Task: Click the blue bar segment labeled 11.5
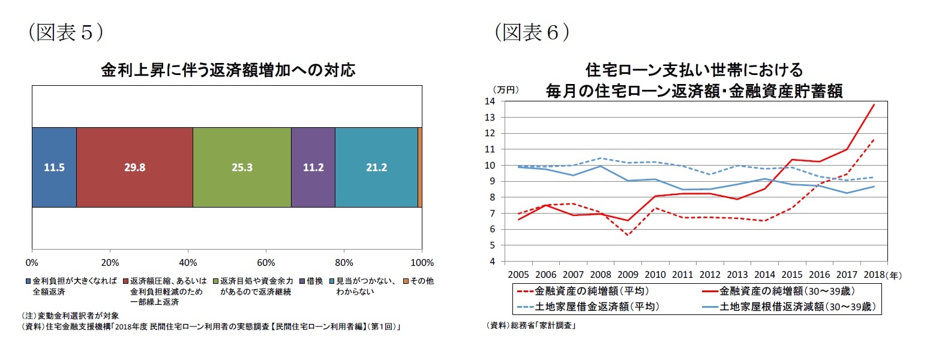(x=54, y=167)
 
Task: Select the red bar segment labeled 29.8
(x=134, y=167)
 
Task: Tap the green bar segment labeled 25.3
(x=242, y=167)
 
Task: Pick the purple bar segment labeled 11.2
(x=313, y=167)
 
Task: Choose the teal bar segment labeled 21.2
(x=376, y=167)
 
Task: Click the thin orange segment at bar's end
(x=420, y=167)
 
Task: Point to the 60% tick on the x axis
(x=266, y=262)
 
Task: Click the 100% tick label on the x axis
(x=422, y=262)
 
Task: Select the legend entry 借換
(x=315, y=281)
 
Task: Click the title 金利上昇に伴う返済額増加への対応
(x=227, y=71)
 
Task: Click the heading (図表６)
(x=532, y=31)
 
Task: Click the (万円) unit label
(x=504, y=89)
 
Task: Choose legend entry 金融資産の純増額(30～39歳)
(x=786, y=292)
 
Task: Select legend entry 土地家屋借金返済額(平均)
(x=598, y=307)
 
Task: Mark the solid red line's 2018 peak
(x=874, y=104)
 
